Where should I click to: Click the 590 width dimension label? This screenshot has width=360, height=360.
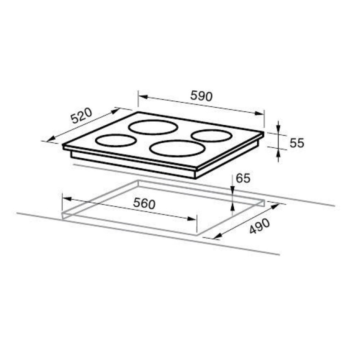click(x=201, y=96)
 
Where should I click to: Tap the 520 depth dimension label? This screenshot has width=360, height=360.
click(x=81, y=115)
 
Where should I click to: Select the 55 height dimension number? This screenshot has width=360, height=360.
click(x=296, y=143)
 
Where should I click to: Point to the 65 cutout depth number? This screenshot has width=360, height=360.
click(x=243, y=178)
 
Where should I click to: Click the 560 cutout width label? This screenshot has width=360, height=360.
click(x=144, y=203)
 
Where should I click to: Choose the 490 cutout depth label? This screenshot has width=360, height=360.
click(x=259, y=226)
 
